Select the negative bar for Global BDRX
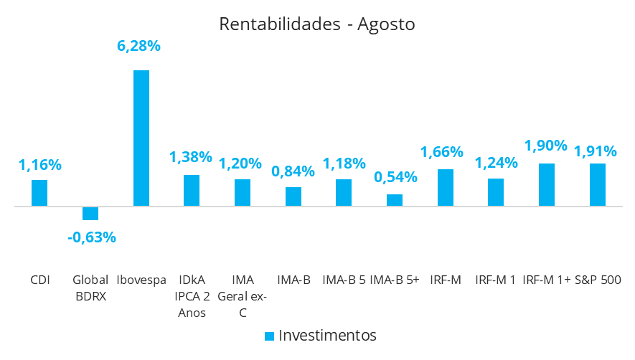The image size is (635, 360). click(90, 213)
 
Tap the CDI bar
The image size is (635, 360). click(39, 193)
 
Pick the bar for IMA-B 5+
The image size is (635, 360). click(395, 200)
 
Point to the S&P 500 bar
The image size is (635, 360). click(598, 184)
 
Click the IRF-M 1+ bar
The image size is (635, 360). click(547, 184)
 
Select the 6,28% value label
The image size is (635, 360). click(138, 46)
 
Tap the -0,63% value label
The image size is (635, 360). click(92, 237)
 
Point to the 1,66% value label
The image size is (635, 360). click(442, 152)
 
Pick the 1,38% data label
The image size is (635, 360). click(191, 157)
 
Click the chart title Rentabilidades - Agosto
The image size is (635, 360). click(317, 24)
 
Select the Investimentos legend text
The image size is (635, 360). click(327, 335)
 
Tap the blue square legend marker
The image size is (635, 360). click(269, 336)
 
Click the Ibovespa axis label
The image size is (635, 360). click(141, 280)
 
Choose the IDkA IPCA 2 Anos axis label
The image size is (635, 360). click(192, 296)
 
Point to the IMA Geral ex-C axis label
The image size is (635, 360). click(243, 296)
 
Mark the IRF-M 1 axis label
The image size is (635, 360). click(495, 280)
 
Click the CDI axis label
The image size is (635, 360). click(40, 280)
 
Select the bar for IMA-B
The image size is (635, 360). click(293, 196)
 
